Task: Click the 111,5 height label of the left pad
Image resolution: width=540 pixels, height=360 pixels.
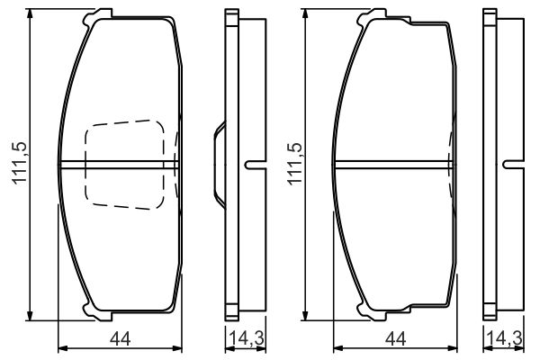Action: (x=20, y=163)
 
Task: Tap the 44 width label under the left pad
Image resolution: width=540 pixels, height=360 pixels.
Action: (x=121, y=339)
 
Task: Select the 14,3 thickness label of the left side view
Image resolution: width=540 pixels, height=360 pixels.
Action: (x=246, y=338)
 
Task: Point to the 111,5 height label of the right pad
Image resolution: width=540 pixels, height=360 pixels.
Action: (x=295, y=163)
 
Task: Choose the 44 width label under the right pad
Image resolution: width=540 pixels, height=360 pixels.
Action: (x=396, y=339)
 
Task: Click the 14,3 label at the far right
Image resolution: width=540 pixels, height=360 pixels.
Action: (x=505, y=338)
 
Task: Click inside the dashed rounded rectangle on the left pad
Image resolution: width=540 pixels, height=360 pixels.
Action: (x=125, y=165)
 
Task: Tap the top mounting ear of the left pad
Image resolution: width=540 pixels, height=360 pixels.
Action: (x=98, y=16)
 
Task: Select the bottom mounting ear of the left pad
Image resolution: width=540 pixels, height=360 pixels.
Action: (x=98, y=313)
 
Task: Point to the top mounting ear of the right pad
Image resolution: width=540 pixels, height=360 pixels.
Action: (x=372, y=16)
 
